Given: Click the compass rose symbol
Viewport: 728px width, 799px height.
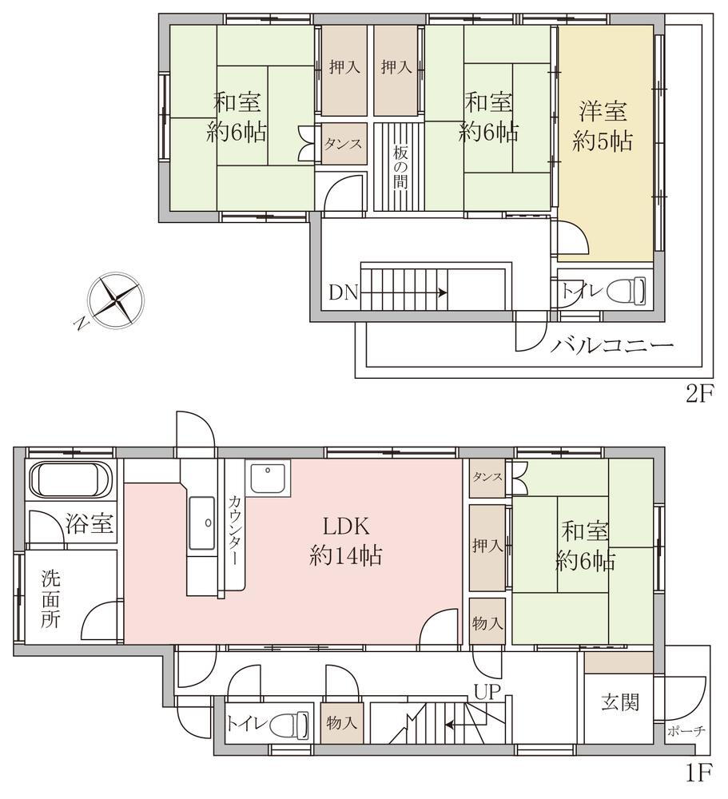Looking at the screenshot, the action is [115, 300].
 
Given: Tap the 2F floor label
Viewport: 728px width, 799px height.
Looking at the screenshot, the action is [699, 393].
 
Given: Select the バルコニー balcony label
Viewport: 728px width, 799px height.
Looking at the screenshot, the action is [612, 347].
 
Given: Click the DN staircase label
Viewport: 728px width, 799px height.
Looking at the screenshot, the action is [344, 292].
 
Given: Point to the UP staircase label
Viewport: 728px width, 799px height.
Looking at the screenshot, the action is [487, 691].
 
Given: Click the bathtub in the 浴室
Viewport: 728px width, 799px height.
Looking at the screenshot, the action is [70, 479].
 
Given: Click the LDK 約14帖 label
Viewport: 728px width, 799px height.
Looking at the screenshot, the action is [346, 541].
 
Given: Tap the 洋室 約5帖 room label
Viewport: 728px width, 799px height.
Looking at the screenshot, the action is [603, 126].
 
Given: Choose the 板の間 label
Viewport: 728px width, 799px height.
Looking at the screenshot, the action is [400, 168].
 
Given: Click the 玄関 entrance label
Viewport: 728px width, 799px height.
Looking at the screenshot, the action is [619, 702].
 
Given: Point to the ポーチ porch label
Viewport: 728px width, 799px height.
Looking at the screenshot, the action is [686, 731].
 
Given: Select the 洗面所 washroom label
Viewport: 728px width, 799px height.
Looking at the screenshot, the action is [50, 599].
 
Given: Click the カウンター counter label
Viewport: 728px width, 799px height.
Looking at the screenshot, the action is [234, 530].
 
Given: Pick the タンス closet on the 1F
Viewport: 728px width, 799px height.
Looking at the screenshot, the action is [487, 478].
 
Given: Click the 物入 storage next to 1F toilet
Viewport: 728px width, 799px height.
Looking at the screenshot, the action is [341, 722].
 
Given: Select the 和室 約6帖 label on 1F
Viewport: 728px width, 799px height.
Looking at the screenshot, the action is [585, 547].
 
